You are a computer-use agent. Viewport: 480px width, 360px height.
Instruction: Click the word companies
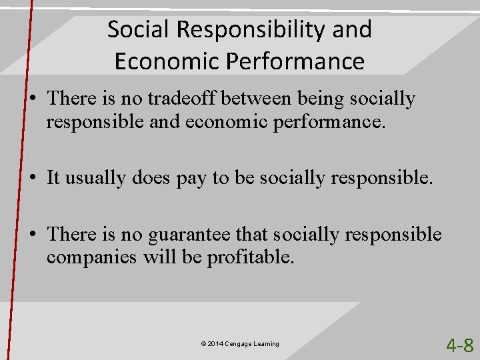pos(92,257)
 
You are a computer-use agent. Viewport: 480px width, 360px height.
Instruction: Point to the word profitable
pos(251,257)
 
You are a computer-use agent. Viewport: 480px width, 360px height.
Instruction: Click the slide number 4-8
pos(459,345)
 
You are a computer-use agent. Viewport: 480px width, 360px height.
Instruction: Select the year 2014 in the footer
pos(215,344)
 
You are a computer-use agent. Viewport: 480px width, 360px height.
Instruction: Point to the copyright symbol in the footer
pos(203,344)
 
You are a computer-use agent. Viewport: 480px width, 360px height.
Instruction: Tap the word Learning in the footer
pos(267,344)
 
